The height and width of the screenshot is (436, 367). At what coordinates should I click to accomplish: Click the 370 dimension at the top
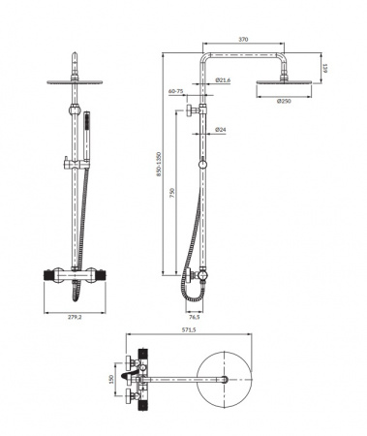coord(243,39)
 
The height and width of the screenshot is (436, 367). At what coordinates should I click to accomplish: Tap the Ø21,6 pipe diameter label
coord(222,80)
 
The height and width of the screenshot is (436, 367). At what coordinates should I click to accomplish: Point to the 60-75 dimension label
coord(176,90)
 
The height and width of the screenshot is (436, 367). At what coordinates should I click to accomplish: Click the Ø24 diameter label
coord(220,128)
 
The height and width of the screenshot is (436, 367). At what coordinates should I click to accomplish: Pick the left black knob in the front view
coord(48,275)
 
